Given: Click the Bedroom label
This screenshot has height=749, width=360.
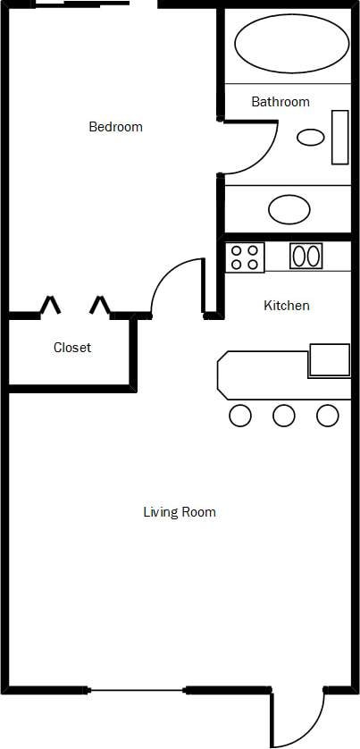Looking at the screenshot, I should tap(115, 127).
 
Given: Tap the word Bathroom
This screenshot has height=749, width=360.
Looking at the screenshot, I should tap(280, 102).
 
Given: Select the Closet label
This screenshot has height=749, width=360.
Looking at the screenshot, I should tap(72, 348).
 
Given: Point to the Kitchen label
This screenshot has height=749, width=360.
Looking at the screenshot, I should tap(287, 306).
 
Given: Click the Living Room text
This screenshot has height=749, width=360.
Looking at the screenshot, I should tap(180, 512).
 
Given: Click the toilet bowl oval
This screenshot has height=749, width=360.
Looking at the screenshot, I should tap(310, 137).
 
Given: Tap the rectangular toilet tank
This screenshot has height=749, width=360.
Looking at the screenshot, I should tap(339, 137).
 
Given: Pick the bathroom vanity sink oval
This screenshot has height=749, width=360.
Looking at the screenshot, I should tap(289, 210).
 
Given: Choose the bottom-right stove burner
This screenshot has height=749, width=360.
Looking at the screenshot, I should tap(253, 265).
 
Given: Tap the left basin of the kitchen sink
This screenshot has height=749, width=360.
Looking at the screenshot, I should tap(299, 257).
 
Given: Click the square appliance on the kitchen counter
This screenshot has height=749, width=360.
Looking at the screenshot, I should tap(329, 359).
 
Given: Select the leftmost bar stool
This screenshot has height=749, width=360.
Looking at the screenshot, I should tap(240, 415).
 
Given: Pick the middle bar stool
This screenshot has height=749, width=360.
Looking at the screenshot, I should tap(284, 415).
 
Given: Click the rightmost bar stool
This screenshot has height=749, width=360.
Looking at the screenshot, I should tap(328, 415).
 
